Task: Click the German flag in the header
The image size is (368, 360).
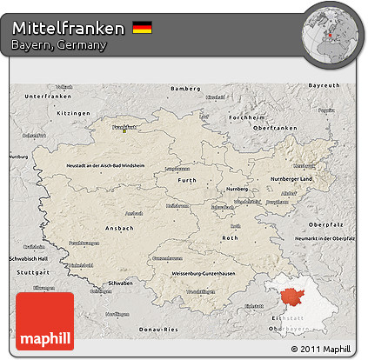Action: pos(142,29)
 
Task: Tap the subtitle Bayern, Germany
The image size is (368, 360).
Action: pos(60,46)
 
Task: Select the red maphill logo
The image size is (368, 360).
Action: pos(44,321)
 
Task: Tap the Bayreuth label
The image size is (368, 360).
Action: pos(324,85)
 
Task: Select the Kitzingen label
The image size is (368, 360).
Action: pos(50,113)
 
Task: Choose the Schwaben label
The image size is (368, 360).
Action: pos(119,283)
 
